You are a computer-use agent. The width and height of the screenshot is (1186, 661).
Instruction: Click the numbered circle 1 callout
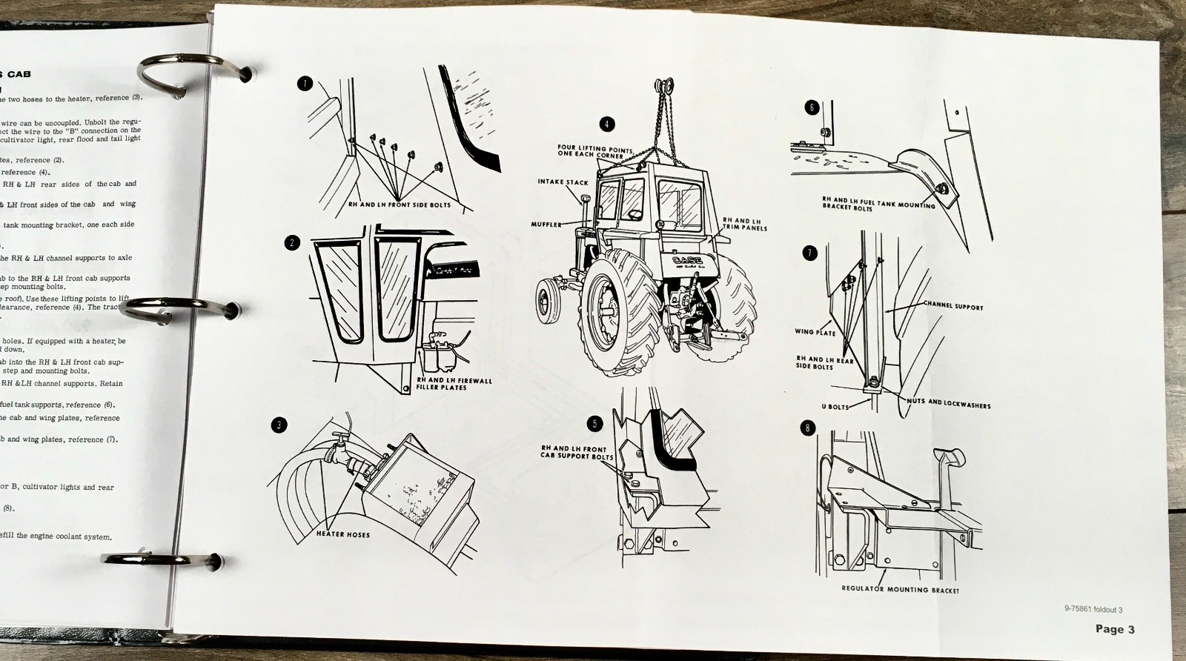[304, 84]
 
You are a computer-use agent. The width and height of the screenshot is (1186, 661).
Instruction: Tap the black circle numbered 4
[608, 124]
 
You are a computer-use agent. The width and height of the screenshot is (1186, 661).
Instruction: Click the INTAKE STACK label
[563, 182]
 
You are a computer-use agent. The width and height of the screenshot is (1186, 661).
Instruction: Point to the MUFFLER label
[546, 224]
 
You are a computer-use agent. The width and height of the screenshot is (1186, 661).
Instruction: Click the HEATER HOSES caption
[343, 534]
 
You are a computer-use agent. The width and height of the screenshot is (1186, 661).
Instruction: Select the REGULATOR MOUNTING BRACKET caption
[901, 590]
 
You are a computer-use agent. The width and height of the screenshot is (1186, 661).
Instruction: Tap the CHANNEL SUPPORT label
[953, 306]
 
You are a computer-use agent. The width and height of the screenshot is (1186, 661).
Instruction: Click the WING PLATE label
[815, 332]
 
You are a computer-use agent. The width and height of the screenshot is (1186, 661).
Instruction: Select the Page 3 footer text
[1115, 629]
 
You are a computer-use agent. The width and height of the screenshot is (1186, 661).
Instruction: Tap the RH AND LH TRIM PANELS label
[745, 225]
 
